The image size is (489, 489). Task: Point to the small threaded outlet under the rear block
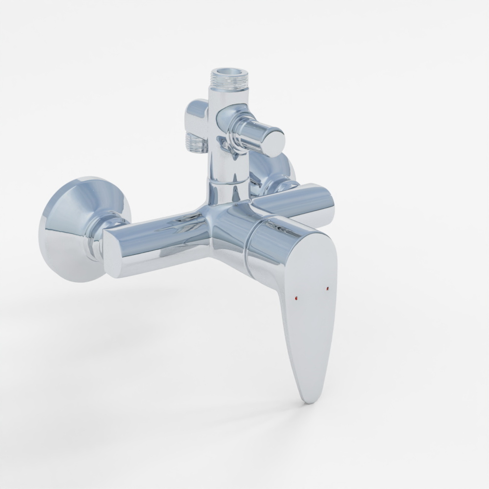[x=196, y=142]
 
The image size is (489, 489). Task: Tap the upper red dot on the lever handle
[x=327, y=289]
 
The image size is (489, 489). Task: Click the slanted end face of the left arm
[x=111, y=254]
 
